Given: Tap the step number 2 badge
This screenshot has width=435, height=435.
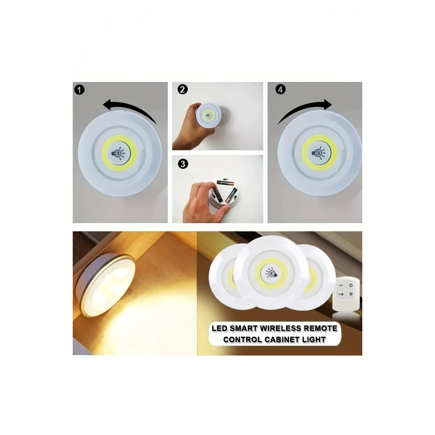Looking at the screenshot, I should tap(181, 89).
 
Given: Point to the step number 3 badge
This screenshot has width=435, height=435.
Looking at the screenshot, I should tap(181, 164).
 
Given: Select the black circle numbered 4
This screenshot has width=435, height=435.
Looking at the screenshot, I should tap(281, 89).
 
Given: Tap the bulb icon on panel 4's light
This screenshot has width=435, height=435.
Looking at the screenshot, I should tap(318, 151).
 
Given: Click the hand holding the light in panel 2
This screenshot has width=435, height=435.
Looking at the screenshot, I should tap(186, 132).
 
